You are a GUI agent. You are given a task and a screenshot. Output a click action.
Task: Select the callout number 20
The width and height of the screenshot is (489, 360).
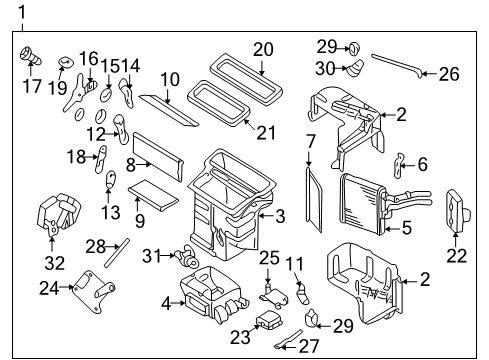coord(263,48)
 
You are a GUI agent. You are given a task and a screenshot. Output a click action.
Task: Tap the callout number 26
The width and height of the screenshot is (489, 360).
coord(450,72)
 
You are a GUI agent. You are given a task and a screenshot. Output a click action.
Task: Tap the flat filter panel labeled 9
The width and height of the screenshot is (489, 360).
coord(155,189)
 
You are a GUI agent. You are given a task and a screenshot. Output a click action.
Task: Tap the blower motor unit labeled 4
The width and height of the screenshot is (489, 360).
coord(213,295)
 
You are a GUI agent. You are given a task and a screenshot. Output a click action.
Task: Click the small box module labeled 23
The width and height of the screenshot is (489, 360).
coord(268,321)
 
